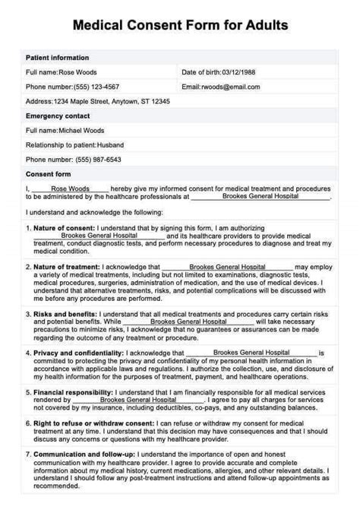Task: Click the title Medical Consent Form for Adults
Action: click(x=180, y=25)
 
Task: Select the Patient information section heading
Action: click(x=57, y=58)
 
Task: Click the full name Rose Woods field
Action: click(x=62, y=72)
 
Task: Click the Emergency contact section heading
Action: click(x=57, y=116)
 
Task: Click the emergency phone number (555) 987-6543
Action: click(x=73, y=160)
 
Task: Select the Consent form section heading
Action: click(x=49, y=174)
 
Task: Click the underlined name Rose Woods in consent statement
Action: click(x=70, y=188)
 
